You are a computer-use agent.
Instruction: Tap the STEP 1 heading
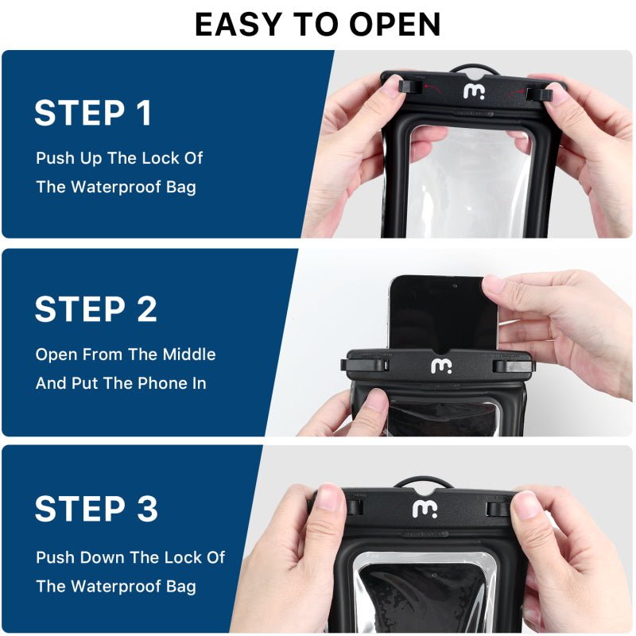coord(93,113)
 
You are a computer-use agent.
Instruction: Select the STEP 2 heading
coord(95,310)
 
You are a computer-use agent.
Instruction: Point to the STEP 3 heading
coord(96,510)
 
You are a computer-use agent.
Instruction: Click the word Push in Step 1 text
coord(54,158)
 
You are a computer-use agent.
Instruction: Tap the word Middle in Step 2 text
coord(189,355)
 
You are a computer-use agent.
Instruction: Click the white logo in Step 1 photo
coord(474,91)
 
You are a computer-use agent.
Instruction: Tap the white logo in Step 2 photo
coord(440,366)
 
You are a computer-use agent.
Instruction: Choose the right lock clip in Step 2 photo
coord(512,366)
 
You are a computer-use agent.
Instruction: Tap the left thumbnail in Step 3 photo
coord(328,498)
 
